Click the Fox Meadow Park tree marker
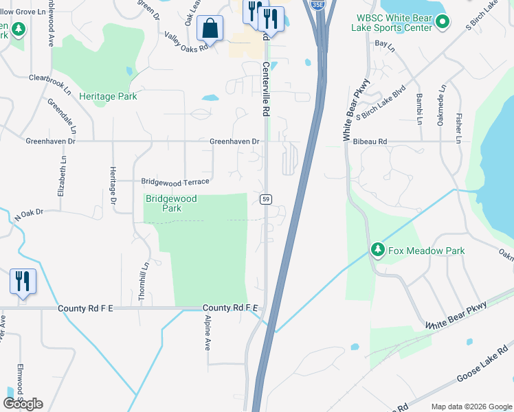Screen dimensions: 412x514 pos(377,250)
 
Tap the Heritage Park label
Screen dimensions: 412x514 pos(108,96)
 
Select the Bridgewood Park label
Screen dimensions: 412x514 pos(171,203)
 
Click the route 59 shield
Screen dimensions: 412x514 pos(265,198)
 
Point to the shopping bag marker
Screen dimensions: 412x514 pos(210,29)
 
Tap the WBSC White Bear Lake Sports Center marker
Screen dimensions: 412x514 pos(443,23)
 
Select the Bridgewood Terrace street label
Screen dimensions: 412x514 pos(175,182)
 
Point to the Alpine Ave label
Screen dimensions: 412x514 pos(207,333)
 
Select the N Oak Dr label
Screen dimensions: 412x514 pos(29,215)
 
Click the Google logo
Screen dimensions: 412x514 pos(23,404)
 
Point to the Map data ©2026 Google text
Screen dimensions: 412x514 pos(471,407)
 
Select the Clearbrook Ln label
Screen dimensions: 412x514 pos(49,82)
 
